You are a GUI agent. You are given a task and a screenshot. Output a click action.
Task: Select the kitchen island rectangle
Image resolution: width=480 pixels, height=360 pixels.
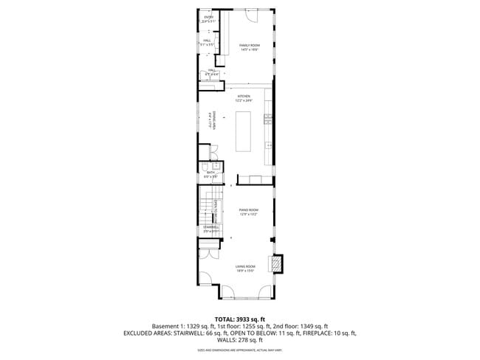tap(242, 131)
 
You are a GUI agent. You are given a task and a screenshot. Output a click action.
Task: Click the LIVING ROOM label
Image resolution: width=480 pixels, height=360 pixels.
tap(245, 268)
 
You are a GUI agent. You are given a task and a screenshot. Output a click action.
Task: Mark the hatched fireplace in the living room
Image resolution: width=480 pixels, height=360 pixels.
tap(278, 263)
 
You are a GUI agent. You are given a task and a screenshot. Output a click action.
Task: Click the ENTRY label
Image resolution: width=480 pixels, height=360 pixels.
tap(208, 18)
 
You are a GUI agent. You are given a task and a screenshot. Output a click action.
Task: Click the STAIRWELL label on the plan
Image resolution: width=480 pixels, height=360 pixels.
tap(211, 229)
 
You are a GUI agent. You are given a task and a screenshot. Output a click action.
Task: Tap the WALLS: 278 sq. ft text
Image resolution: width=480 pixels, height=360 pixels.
tap(240, 339)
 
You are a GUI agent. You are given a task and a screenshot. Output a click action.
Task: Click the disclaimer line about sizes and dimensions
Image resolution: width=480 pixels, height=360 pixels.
tap(240, 350)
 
